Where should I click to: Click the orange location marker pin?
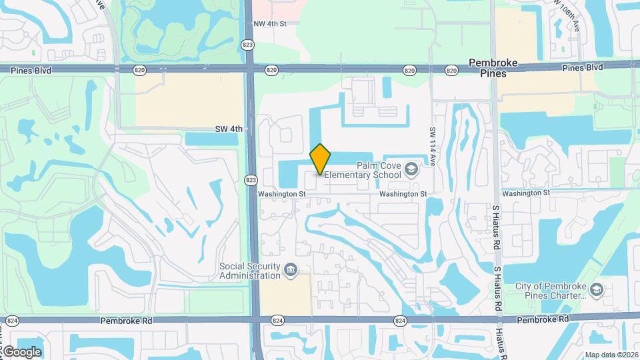pyautogui.click(x=320, y=159)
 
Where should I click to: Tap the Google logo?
pyautogui.click(x=21, y=351)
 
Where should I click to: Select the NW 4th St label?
pyautogui.click(x=269, y=23)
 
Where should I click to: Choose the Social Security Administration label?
pyautogui.click(x=249, y=271)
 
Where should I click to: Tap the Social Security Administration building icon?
pyautogui.click(x=291, y=271)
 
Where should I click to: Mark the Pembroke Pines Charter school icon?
pyautogui.click(x=597, y=290)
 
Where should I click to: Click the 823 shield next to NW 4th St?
pyautogui.click(x=247, y=44)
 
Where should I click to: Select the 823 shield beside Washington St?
pyautogui.click(x=250, y=180)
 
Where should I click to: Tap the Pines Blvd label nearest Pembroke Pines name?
pyautogui.click(x=582, y=67)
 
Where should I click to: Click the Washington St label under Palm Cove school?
pyautogui.click(x=403, y=194)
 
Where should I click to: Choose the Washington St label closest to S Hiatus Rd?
pyautogui.click(x=526, y=193)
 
